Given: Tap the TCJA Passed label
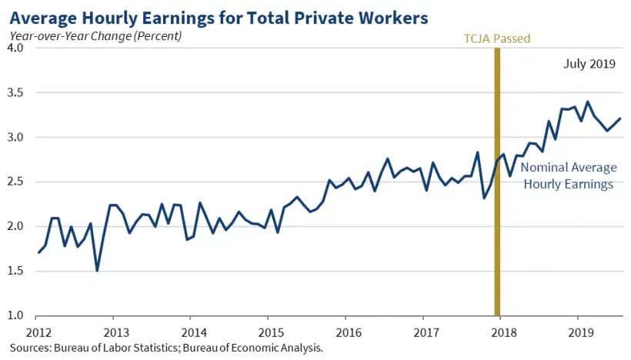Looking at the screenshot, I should pyautogui.click(x=497, y=38).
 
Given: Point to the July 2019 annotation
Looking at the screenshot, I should pyautogui.click(x=588, y=65).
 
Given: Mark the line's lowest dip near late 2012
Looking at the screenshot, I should pyautogui.click(x=97, y=270).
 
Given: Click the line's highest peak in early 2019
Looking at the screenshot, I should pyautogui.click(x=588, y=102).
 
